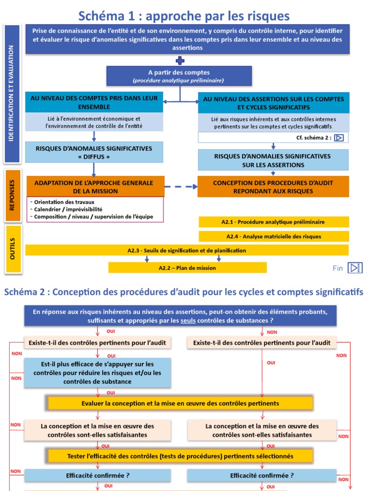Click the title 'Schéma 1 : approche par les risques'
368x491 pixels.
[184, 16]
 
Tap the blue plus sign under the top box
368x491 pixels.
[180, 60]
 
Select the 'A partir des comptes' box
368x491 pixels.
[179, 76]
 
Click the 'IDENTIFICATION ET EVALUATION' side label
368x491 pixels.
[12, 94]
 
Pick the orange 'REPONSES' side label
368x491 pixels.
[12, 196]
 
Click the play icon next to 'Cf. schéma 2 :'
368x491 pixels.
[339, 138]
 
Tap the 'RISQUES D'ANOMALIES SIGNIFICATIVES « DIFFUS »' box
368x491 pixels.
[94, 152]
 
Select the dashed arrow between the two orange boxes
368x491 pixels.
[181, 187]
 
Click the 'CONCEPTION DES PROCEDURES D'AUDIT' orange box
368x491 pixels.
[273, 187]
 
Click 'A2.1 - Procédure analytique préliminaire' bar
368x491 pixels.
[273, 222]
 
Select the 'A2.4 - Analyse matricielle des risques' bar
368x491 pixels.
[273, 236]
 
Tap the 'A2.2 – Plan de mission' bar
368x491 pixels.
[187, 268]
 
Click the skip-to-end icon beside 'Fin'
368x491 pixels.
[355, 268]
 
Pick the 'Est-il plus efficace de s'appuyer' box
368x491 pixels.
[97, 373]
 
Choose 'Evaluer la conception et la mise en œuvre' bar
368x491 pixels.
[180, 403]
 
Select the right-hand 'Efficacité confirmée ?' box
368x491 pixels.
[262, 476]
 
